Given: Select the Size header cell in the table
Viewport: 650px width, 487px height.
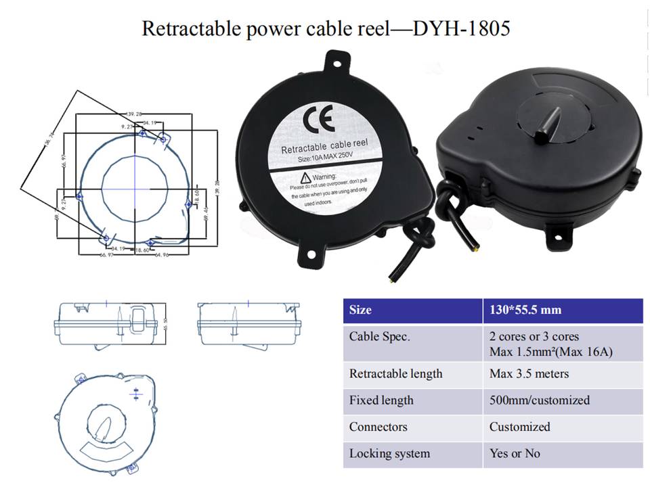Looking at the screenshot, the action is (x=360, y=310).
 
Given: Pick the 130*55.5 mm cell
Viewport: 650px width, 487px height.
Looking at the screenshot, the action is (x=525, y=310).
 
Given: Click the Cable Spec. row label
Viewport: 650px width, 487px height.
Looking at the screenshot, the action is (x=379, y=336).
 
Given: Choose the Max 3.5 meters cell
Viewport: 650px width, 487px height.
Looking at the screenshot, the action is (x=529, y=373).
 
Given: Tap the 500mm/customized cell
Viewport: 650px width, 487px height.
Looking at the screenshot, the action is (x=539, y=400).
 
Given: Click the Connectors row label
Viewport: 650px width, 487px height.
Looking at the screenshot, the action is (x=378, y=427).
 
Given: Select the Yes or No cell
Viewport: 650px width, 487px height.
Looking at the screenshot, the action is (x=515, y=453).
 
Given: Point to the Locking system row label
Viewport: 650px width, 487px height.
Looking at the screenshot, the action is (x=389, y=453).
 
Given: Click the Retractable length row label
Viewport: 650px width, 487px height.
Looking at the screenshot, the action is (x=395, y=373).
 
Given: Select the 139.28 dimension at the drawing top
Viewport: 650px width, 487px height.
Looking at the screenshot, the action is (x=134, y=114).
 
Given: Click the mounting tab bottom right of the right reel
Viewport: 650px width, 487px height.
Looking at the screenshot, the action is (x=561, y=234).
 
